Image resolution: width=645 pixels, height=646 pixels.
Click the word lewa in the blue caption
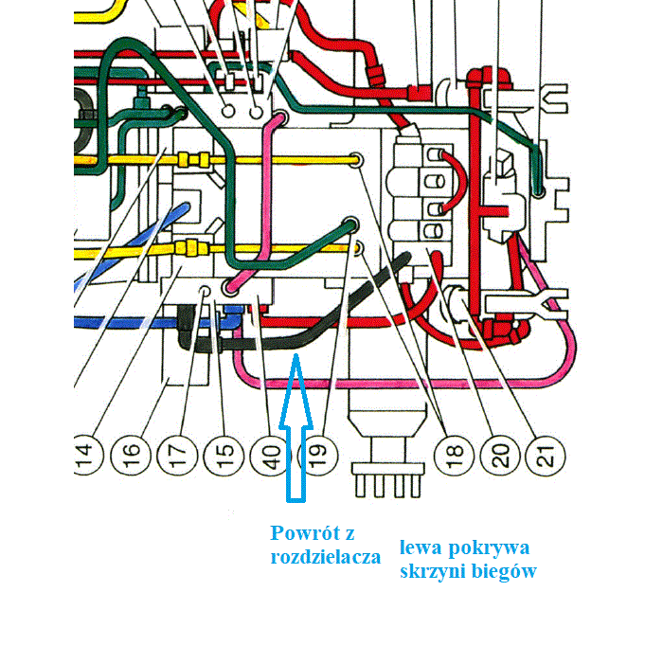click(x=420, y=548)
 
